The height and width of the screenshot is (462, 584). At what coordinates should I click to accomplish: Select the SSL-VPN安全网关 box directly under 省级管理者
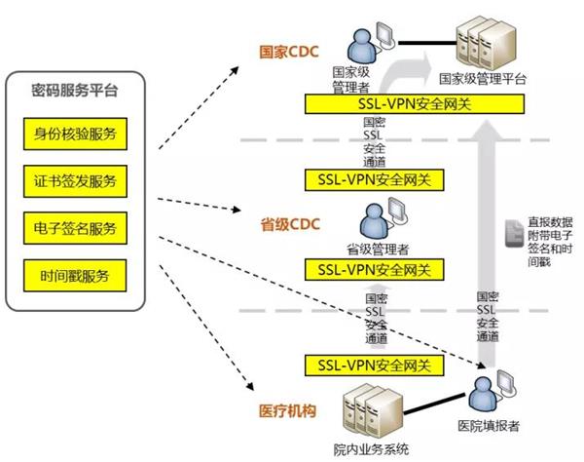click(x=375, y=268)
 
